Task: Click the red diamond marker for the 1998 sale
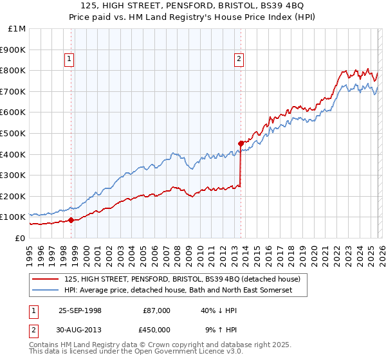[71, 220]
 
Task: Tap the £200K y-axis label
[13, 196]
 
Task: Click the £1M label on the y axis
[17, 28]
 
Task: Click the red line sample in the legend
[46, 279]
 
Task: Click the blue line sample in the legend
[46, 291]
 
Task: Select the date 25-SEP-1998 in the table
[80, 310]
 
